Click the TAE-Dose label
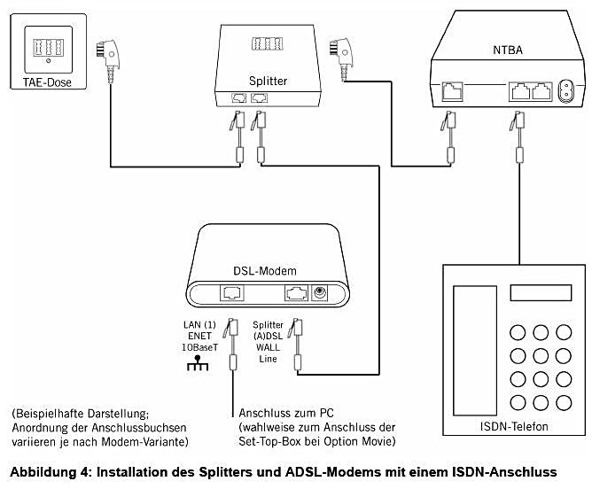pos(46,83)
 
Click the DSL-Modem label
pos(264,269)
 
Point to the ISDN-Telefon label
pos(511,427)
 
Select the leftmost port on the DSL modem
pos(231,293)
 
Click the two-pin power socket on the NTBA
pos(564,89)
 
